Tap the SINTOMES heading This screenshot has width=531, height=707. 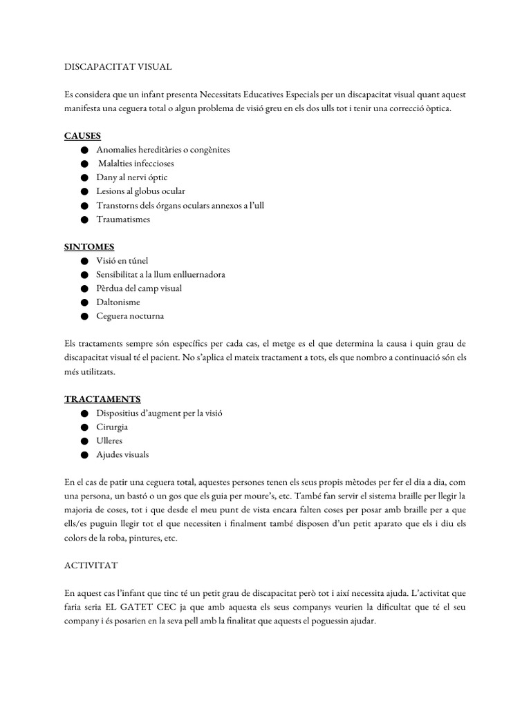89,246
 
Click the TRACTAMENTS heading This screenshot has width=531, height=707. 102,399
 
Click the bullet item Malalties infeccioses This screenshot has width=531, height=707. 136,164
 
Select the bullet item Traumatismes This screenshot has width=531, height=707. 123,220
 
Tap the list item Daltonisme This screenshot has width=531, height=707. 118,302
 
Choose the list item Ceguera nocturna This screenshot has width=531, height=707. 131,316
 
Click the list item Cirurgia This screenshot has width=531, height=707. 113,427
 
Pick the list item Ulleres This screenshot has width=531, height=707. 111,441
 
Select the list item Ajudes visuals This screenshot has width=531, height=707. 123,455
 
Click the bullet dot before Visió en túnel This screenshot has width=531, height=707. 84,261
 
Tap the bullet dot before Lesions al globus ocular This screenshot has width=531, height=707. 84,191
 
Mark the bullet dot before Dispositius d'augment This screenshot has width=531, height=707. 84,414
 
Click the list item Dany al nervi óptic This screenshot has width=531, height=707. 132,177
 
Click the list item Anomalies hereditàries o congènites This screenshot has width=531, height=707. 163,150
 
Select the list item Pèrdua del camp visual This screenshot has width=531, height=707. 139,289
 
